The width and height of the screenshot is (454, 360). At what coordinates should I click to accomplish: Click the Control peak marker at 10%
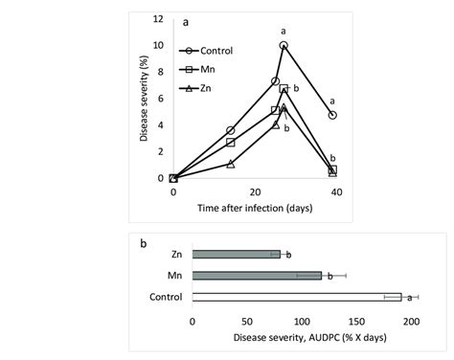[x=284, y=45]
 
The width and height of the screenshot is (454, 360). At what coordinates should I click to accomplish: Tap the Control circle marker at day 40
[x=332, y=115]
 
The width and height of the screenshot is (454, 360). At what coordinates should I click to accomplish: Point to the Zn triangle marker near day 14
[x=231, y=164]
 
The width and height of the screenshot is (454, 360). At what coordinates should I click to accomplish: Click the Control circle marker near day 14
[x=231, y=130]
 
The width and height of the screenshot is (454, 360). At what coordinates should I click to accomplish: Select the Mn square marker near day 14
[x=231, y=142]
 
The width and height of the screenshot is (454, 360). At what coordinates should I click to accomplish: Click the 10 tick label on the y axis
[x=159, y=45]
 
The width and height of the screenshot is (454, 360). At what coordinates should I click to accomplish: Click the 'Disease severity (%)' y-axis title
[x=145, y=101]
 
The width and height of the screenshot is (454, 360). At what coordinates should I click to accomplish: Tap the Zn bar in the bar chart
[x=236, y=255]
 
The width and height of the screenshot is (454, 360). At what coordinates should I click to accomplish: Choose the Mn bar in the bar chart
[x=257, y=276]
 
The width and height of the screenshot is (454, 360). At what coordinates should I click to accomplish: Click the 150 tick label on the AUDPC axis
[x=356, y=322]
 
